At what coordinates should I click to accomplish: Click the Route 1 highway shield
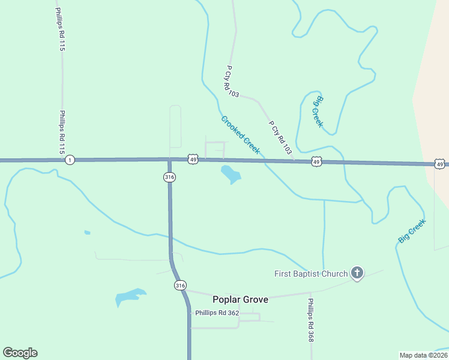[70, 160]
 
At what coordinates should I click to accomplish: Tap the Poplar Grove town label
[240, 299]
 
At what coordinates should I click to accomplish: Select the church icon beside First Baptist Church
[357, 274]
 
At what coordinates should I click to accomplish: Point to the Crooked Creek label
[240, 135]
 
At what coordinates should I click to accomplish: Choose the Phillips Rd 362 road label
[217, 313]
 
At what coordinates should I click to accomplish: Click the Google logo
[20, 353]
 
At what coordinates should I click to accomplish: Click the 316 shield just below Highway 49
[169, 176]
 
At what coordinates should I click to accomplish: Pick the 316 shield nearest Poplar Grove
[180, 286]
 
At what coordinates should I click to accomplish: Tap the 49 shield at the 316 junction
[192, 159]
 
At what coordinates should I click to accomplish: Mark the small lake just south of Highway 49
[231, 175]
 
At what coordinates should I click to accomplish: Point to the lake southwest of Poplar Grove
[130, 296]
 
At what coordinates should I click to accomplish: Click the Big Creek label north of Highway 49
[318, 111]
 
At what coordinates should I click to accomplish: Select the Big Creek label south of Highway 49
[412, 231]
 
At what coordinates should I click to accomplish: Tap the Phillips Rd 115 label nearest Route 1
[61, 132]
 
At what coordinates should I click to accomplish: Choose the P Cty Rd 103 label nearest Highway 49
[280, 136]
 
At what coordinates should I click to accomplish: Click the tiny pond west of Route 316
[87, 232]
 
